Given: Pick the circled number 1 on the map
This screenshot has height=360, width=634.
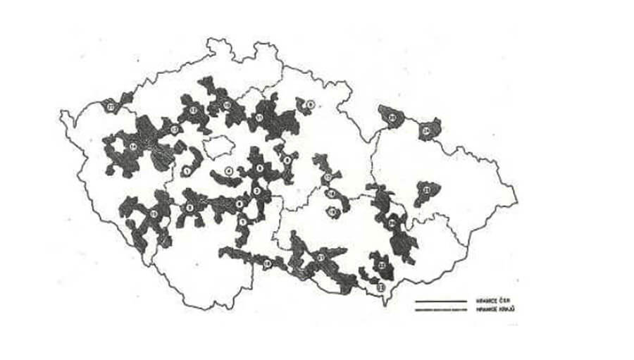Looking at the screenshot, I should pyautogui.click(x=187, y=170).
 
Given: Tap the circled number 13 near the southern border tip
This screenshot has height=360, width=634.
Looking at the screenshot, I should pyautogui.click(x=381, y=287).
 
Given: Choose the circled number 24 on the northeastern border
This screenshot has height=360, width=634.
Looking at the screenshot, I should pyautogui.click(x=425, y=131).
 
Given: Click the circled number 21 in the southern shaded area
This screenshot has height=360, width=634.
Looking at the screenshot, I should pyautogui.click(x=321, y=259).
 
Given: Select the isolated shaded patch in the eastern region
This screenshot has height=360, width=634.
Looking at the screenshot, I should pyautogui.click(x=427, y=192).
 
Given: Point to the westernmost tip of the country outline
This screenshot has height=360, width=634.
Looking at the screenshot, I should pyautogui.click(x=61, y=113).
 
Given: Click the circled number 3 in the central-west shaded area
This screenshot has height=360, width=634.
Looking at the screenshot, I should pyautogui.click(x=189, y=207).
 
